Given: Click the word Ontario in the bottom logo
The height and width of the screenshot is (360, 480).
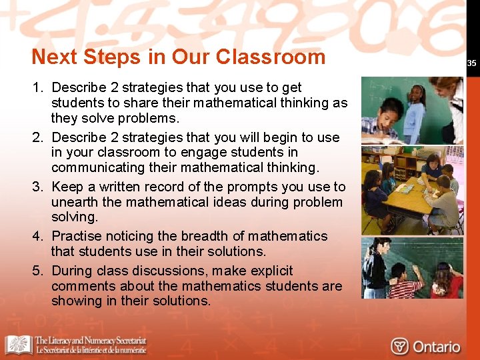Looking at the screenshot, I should [436, 347].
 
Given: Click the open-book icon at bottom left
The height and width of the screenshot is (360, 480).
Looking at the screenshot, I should [19, 345].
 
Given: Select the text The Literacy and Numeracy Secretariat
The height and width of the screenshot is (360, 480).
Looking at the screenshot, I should [91, 341].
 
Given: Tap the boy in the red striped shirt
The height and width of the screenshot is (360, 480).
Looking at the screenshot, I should [403, 283].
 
